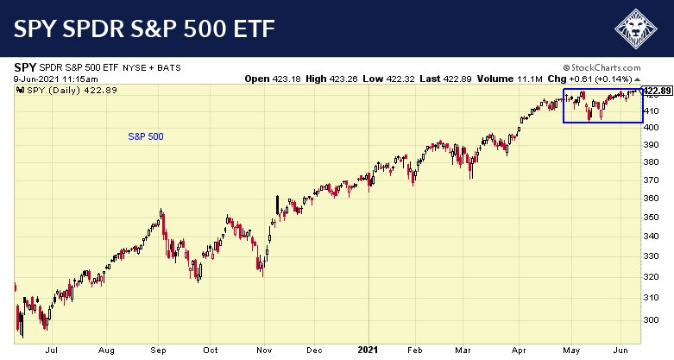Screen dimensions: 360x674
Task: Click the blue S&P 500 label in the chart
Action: tap(145, 136)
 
